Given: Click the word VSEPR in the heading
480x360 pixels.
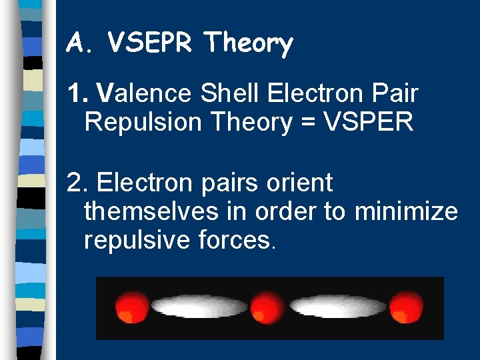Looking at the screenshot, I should point(150,44).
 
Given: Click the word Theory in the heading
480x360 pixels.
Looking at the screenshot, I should point(249,45).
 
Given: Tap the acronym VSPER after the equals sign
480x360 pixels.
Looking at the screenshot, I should point(368,122).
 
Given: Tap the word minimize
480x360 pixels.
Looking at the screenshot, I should point(406,211).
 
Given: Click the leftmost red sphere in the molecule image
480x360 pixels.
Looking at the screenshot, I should point(131,308).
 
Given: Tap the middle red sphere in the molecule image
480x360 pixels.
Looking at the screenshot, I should point(267,308).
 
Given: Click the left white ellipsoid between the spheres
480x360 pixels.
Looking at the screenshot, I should point(199,307).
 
